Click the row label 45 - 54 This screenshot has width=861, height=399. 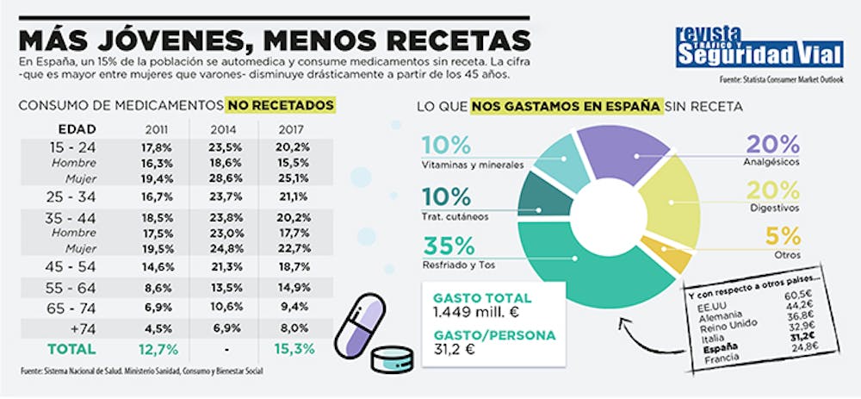click(x=73, y=266)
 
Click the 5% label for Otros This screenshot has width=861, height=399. click(x=783, y=235)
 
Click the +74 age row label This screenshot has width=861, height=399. click(x=73, y=328)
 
